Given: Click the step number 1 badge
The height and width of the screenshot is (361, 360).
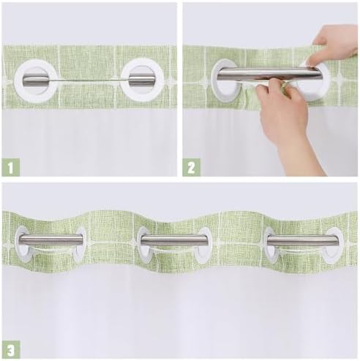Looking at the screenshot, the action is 11,168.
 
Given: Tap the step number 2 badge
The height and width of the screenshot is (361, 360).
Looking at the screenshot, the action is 192,168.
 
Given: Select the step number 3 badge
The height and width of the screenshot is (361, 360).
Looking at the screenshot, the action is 11,350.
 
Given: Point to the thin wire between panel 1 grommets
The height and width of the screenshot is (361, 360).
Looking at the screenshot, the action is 87,81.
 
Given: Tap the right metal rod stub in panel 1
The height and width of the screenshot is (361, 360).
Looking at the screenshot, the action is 141,81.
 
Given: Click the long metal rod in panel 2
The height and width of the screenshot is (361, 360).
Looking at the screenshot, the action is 269,74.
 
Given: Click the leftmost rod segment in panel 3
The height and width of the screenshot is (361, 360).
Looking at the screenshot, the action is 50,239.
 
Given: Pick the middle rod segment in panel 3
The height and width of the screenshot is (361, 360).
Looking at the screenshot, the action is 174,239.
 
